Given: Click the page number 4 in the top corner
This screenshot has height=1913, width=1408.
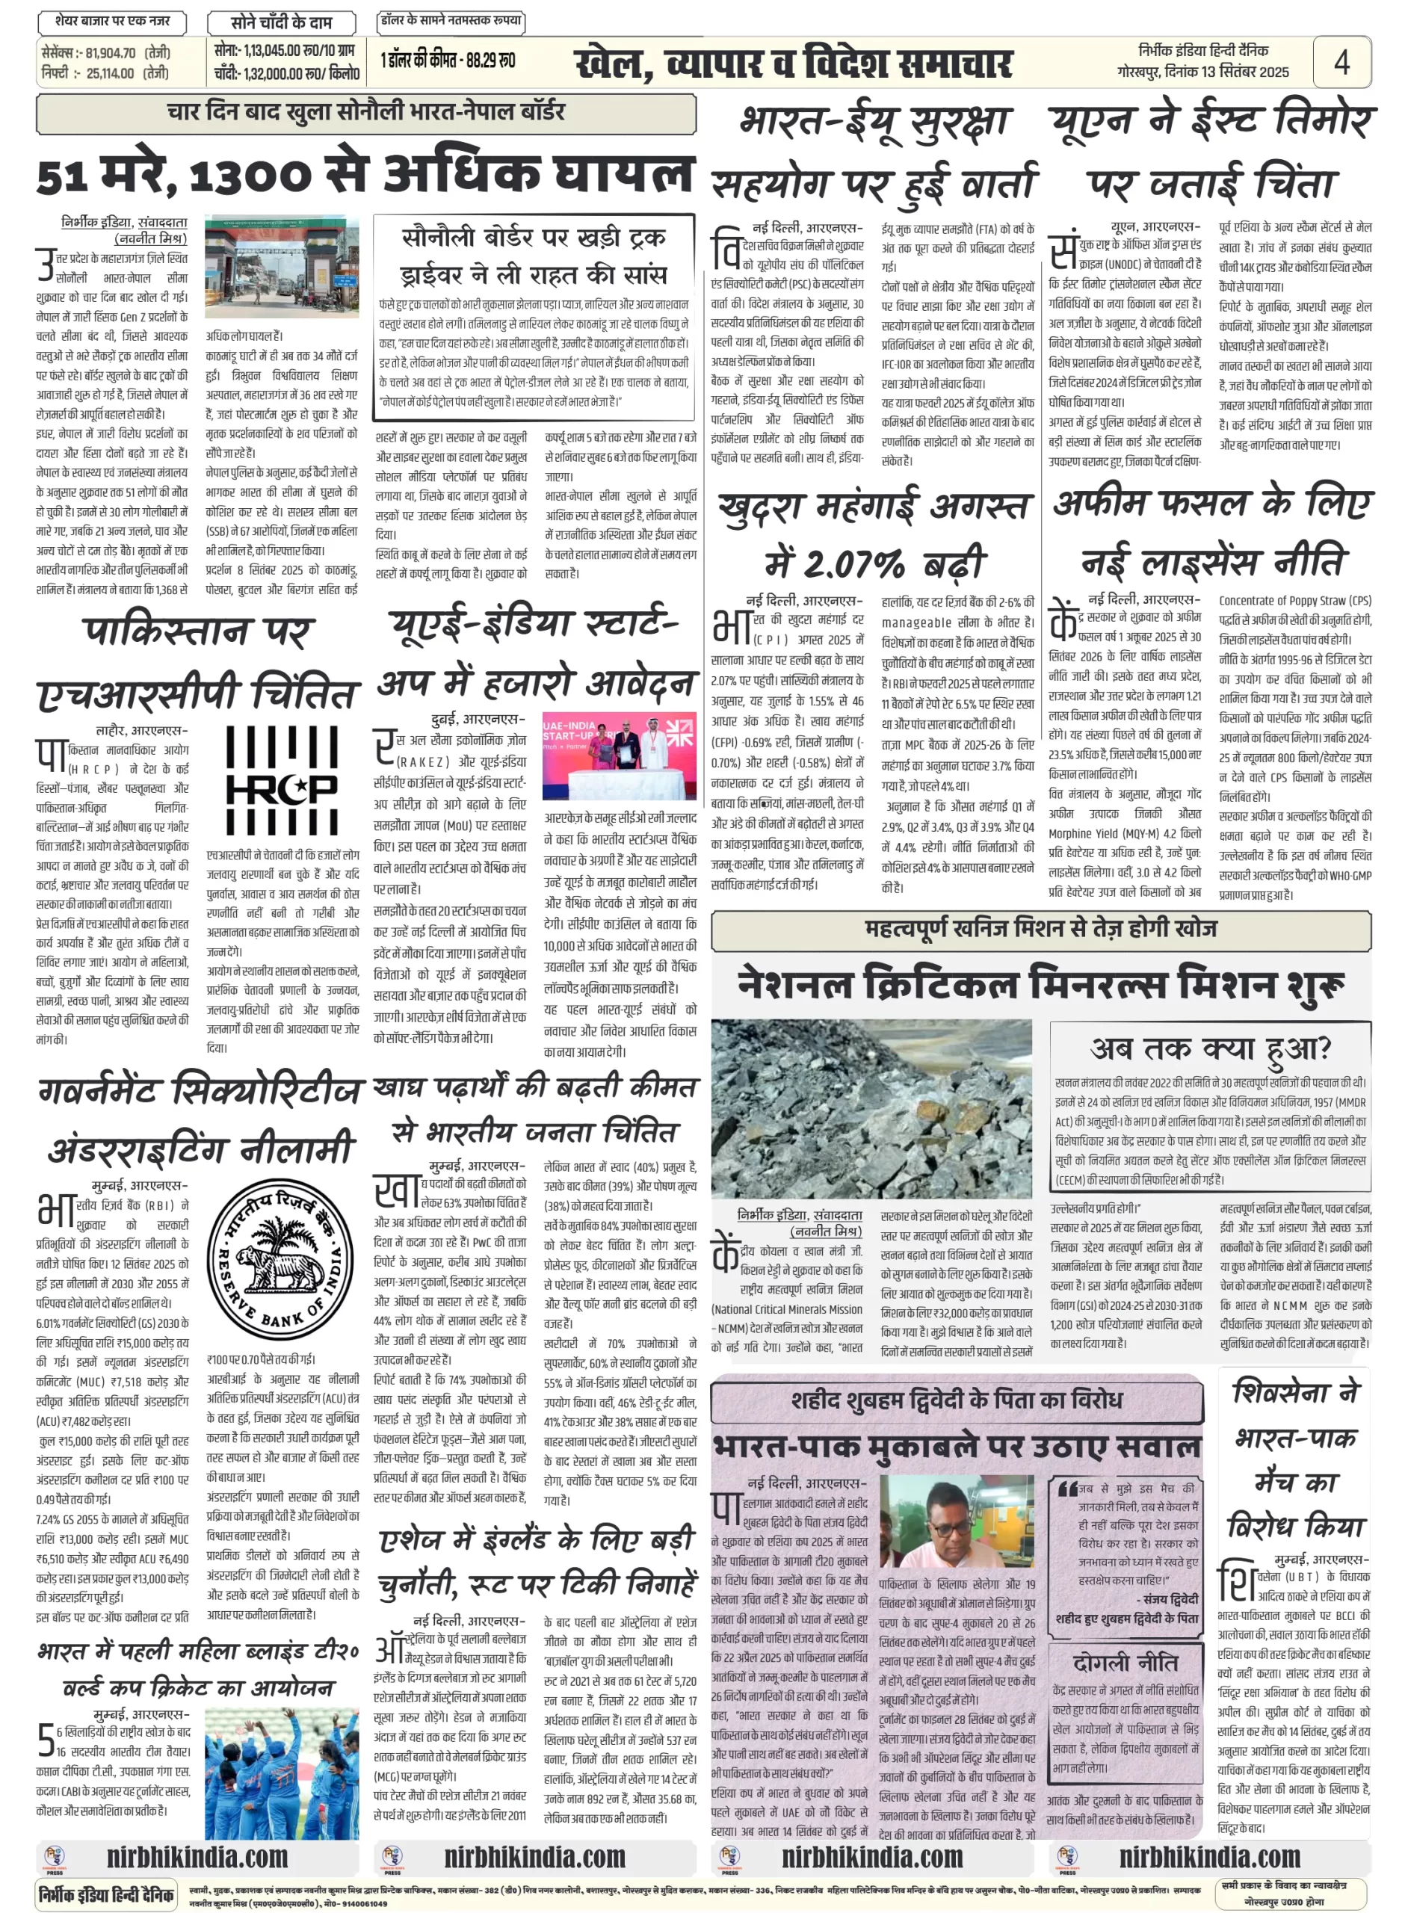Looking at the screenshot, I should pos(1341,61).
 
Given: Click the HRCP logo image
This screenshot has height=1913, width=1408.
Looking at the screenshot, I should pos(281,779).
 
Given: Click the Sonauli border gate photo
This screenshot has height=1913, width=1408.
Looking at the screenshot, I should pos(281,266).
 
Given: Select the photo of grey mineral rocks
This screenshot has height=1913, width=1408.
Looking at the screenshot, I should pos(871,1107).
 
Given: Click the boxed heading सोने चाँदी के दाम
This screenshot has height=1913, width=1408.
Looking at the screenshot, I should pos(281,22).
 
